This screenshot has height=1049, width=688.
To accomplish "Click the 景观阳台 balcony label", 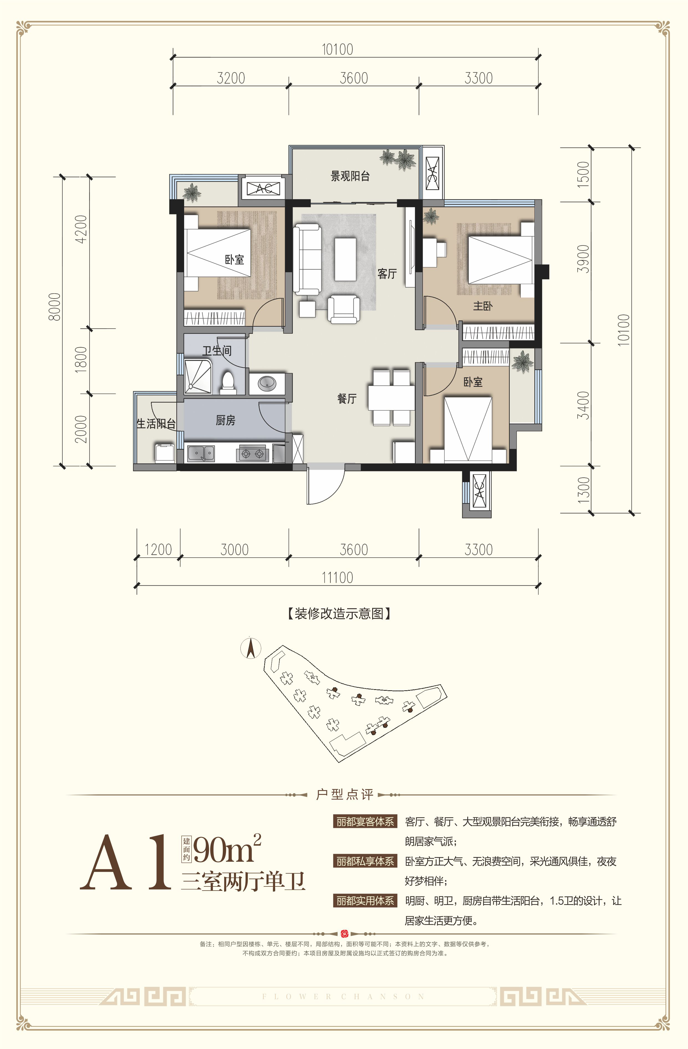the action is (x=350, y=176).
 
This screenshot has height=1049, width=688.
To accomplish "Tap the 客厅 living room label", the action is (x=387, y=274).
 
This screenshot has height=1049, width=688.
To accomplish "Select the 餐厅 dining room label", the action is (x=347, y=398).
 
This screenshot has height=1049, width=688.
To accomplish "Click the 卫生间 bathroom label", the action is (x=217, y=351).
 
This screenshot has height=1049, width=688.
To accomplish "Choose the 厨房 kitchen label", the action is (x=225, y=421).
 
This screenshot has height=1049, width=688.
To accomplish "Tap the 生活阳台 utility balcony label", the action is (x=156, y=424).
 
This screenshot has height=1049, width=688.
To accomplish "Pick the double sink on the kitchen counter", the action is (x=201, y=453).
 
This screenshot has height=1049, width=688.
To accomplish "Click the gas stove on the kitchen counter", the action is (x=252, y=453).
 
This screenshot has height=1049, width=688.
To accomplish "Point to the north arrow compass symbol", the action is (x=251, y=648).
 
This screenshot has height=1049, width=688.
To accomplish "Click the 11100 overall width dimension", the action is (x=337, y=577).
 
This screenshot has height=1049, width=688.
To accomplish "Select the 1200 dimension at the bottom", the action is (x=158, y=550).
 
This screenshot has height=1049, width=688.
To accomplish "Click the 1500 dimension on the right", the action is (x=583, y=174).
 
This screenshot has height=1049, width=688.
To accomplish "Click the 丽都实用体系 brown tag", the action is (x=365, y=901).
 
